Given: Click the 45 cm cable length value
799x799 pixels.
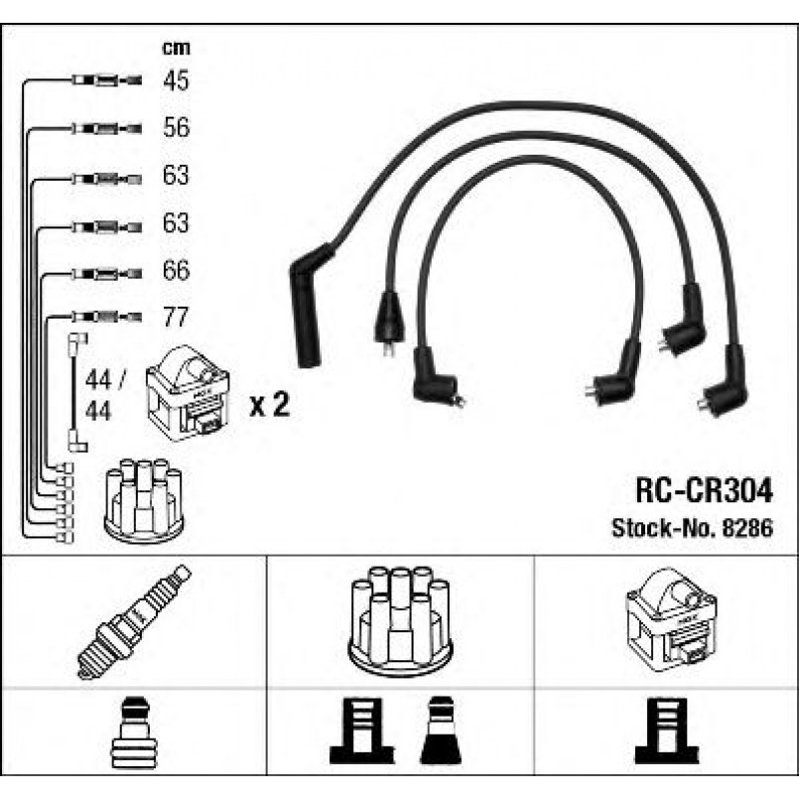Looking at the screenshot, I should point(175,80).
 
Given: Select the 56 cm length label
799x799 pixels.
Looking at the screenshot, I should point(175,128).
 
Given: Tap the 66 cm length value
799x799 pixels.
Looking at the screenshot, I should point(175,271).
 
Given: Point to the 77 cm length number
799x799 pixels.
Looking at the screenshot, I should point(175,319).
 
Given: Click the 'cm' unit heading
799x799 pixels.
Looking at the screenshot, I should point(175,48).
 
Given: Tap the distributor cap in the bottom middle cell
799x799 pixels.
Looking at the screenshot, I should point(399,620).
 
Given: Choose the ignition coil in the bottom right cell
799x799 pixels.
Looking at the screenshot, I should point(667,618).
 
